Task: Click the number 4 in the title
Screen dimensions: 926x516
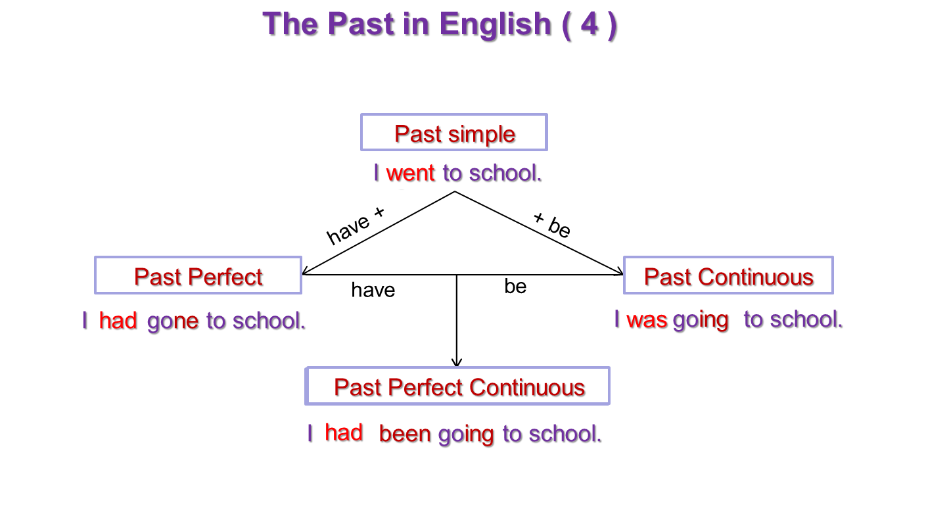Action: coord(590,24)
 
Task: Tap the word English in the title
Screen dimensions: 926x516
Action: coord(496,26)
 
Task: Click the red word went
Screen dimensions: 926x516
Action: coord(410,173)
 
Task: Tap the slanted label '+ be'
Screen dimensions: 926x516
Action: coord(552,225)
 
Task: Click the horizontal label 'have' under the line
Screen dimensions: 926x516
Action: coord(373,290)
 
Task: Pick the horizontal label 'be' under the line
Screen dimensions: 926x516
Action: coord(515,286)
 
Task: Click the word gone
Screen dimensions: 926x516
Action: coord(173,321)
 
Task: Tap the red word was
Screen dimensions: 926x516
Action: coord(647,320)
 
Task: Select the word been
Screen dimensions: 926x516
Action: coord(405,434)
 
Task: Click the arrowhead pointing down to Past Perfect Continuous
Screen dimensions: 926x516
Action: coord(456,362)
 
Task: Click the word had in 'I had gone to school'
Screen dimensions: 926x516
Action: coord(118,320)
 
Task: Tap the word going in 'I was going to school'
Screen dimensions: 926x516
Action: coord(701,321)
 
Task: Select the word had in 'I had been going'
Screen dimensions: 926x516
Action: coord(344,433)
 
